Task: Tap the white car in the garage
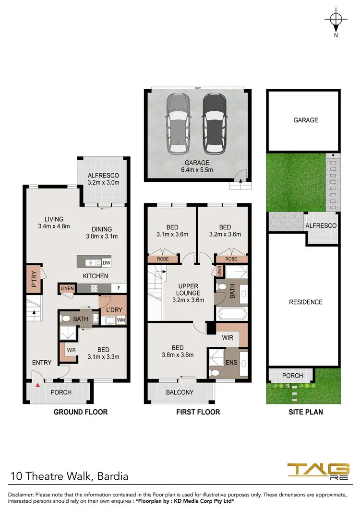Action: [178, 123]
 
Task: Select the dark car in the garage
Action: [214, 123]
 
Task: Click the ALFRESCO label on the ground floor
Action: [103, 176]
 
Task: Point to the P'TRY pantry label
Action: [34, 280]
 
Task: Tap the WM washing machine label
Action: [120, 320]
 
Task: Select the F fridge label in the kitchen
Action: [119, 288]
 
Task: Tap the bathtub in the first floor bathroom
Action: [232, 315]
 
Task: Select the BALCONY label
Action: [180, 392]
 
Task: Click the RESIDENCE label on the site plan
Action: [306, 302]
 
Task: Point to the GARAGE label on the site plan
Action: [306, 120]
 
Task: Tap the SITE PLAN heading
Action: [306, 412]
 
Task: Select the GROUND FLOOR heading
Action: [81, 412]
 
